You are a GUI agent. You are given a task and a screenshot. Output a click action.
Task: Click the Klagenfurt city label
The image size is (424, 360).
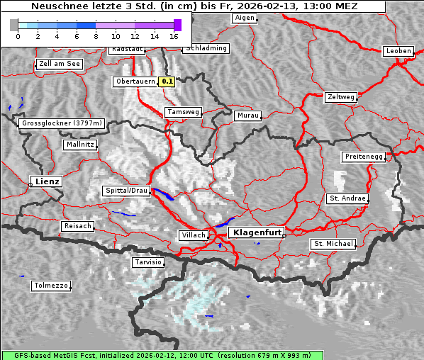258,232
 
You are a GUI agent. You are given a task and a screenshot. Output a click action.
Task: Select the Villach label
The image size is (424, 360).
193,235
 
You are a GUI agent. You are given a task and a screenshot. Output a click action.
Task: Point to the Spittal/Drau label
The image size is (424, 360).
126,191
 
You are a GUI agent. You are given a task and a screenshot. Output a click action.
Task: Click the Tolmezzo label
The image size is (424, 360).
51,286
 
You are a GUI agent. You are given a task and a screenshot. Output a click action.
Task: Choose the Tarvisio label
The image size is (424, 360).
148,262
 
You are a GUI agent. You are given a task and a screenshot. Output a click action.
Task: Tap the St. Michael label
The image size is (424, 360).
333,244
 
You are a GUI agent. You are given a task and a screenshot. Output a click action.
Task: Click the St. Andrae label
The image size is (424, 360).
347,198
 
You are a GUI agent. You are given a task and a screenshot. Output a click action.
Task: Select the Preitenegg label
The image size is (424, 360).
364,156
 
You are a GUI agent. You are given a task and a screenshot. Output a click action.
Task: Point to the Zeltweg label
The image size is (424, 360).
340,96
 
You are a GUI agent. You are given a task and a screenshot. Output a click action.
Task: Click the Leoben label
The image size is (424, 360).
398,51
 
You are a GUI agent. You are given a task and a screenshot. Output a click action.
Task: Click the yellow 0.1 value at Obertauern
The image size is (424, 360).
167,81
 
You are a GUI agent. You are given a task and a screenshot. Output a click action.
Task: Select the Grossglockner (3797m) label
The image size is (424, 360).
62,123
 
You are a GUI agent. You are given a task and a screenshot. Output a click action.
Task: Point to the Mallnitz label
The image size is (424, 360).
79,145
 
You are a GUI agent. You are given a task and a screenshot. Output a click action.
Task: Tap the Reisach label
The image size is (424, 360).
78,226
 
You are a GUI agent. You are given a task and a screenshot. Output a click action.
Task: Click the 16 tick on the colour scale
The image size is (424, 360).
174,35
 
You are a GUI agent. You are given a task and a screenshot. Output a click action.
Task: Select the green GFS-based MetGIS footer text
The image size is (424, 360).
212,355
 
